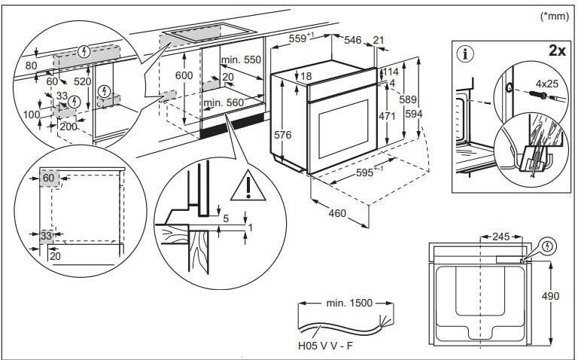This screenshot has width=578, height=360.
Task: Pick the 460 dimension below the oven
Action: click(x=336, y=213)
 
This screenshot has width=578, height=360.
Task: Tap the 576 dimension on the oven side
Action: click(x=282, y=134)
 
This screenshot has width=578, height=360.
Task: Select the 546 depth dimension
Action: click(x=353, y=39)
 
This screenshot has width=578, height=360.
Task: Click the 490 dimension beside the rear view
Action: click(x=550, y=296)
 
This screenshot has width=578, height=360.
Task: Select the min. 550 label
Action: click(x=240, y=59)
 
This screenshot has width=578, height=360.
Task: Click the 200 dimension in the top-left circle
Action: click(x=68, y=126)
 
